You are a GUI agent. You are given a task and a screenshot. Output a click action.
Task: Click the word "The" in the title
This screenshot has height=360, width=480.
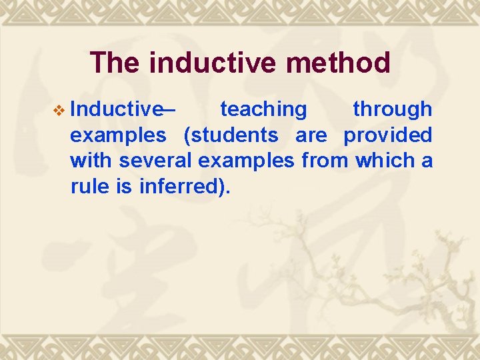[115, 63]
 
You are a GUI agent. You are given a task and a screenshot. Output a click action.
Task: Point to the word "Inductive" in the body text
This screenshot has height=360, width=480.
[115, 109]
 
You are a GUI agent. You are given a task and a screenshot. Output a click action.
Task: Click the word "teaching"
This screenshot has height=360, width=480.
[263, 109]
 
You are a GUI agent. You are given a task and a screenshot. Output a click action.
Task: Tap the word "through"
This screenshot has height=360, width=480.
[392, 109]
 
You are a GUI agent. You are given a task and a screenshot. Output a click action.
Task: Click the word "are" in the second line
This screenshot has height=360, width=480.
[311, 135]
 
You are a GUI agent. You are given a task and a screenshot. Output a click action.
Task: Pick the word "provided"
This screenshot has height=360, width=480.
[387, 135]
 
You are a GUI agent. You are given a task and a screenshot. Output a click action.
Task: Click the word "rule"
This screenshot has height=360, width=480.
[90, 187]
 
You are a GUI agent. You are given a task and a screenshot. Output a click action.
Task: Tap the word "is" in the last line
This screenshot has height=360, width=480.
[124, 187]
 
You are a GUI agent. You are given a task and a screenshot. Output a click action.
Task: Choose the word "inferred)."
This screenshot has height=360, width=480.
[185, 187]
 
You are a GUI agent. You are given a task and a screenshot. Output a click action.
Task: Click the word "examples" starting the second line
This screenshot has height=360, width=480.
[118, 136]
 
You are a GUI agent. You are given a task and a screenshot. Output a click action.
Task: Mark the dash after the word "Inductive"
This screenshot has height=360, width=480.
[169, 109]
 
